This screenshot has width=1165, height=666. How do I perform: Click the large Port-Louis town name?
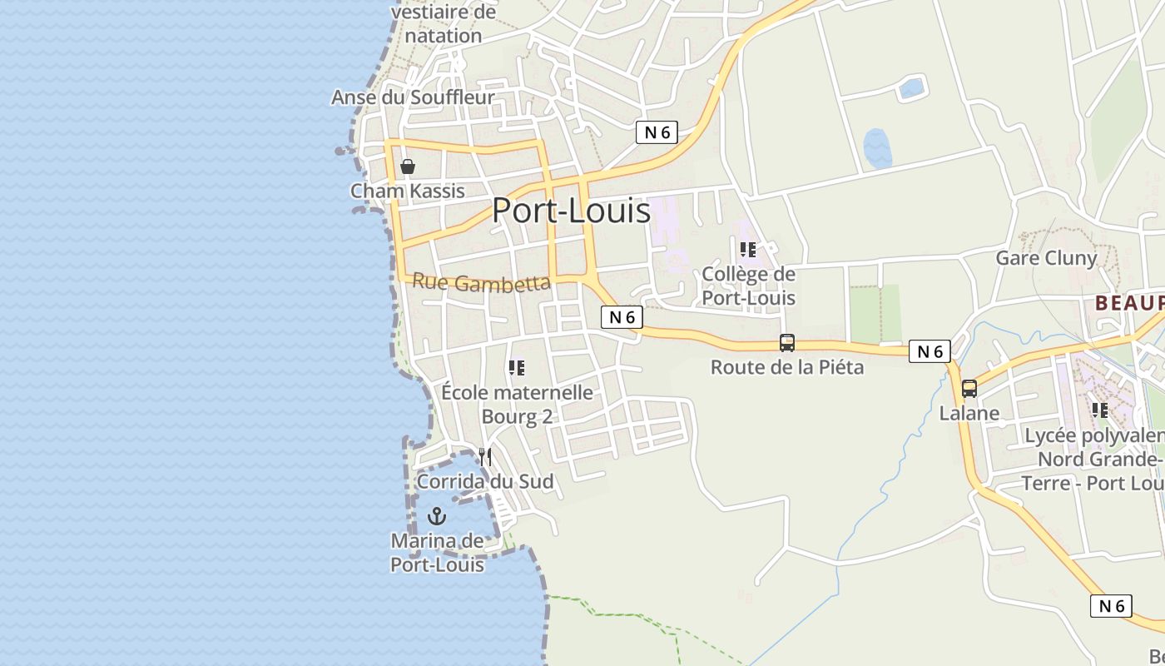click(571, 211)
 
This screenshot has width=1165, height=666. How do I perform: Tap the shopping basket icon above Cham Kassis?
click(408, 166)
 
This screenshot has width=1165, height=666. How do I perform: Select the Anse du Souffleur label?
click(413, 97)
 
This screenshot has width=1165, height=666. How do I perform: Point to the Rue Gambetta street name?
click(481, 283)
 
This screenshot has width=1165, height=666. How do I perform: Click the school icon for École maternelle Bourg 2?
click(517, 367)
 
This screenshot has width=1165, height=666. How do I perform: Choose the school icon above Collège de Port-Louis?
click(748, 249)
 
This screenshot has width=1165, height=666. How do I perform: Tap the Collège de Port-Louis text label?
click(748, 286)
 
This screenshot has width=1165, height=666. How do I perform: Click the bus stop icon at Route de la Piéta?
click(786, 343)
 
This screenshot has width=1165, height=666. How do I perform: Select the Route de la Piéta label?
click(786, 367)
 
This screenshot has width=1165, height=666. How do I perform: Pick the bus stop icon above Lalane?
click(969, 389)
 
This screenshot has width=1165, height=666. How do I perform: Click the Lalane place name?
click(969, 413)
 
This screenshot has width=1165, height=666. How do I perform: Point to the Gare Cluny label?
click(1046, 258)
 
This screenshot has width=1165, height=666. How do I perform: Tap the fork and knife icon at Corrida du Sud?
click(485, 457)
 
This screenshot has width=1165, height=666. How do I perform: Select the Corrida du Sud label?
click(485, 481)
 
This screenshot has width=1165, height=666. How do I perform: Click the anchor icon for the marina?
click(437, 517)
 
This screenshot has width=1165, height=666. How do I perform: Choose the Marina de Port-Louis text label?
click(437, 553)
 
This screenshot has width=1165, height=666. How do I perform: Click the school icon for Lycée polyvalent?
click(1100, 410)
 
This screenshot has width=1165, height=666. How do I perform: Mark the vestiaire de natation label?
click(444, 24)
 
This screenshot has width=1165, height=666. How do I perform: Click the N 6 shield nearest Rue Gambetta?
click(622, 317)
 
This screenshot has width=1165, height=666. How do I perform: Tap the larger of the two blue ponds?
click(877, 149)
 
